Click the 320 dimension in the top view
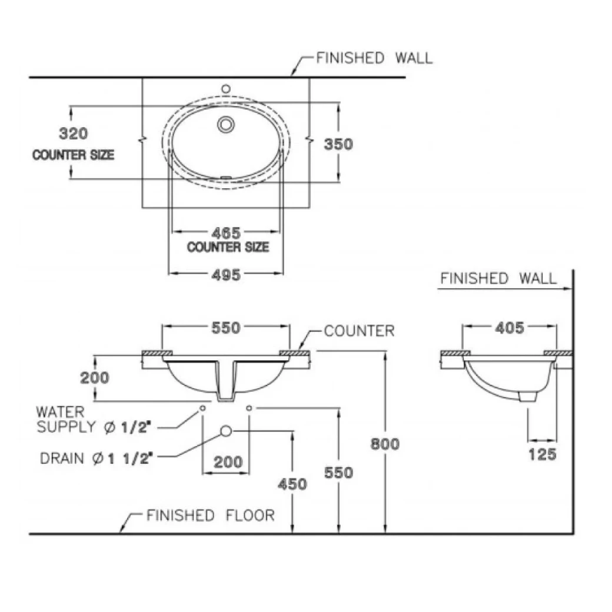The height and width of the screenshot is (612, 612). tap(74, 134)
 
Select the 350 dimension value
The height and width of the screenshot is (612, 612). tap(338, 144)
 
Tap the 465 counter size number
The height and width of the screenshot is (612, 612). tap(226, 233)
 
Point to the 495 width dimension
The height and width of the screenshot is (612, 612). tap(226, 275)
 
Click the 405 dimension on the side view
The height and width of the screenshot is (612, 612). tap(509, 328)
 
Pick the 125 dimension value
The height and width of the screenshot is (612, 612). tap(542, 454)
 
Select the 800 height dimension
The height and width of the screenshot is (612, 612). tap(385, 443)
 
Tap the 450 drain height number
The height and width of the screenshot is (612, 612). tap(292, 484)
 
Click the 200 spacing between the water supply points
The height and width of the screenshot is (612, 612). tap(228, 463)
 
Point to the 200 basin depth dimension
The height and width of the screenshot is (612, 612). tap(95, 377)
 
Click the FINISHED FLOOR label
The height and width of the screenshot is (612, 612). tap(210, 516)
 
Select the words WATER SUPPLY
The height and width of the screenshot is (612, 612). tap(61, 419)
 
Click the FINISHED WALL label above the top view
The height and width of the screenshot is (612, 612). tap(374, 58)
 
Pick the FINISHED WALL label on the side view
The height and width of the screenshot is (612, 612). tap(498, 278)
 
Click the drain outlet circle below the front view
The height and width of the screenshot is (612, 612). tap(225, 431)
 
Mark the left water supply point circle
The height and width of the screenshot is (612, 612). tap(202, 408)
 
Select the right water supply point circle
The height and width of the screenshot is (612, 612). tap(249, 408)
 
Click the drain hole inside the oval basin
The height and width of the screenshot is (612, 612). tap(226, 124)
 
